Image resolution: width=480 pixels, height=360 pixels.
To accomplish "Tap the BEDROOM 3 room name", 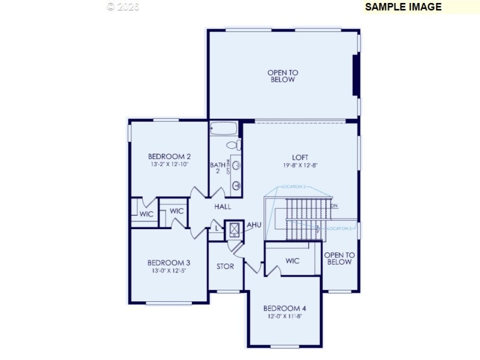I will [x=169, y=262].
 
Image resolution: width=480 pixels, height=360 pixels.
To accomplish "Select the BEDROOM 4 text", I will [x=284, y=308].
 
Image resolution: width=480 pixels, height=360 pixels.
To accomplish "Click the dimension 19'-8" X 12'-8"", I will [x=300, y=165].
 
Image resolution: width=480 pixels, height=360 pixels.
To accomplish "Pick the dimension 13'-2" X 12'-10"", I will [x=169, y=164].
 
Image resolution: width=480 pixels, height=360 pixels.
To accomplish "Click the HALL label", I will [x=222, y=206].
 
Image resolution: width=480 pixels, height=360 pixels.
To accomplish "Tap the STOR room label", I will [x=225, y=266].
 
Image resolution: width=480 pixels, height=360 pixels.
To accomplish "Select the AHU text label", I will [x=254, y=225].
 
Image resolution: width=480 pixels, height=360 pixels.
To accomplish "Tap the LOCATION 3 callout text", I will [x=294, y=187].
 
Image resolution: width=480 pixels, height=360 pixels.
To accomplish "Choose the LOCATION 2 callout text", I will [x=339, y=229].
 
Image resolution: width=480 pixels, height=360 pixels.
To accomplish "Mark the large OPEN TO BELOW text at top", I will [x=282, y=76].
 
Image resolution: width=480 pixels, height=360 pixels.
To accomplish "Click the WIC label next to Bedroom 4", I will [x=292, y=261].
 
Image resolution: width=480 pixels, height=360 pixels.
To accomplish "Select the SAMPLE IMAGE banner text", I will [x=403, y=7].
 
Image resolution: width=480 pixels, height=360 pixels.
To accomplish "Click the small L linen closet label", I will [x=217, y=229].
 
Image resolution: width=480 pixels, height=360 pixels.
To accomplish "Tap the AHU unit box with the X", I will [x=233, y=230].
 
